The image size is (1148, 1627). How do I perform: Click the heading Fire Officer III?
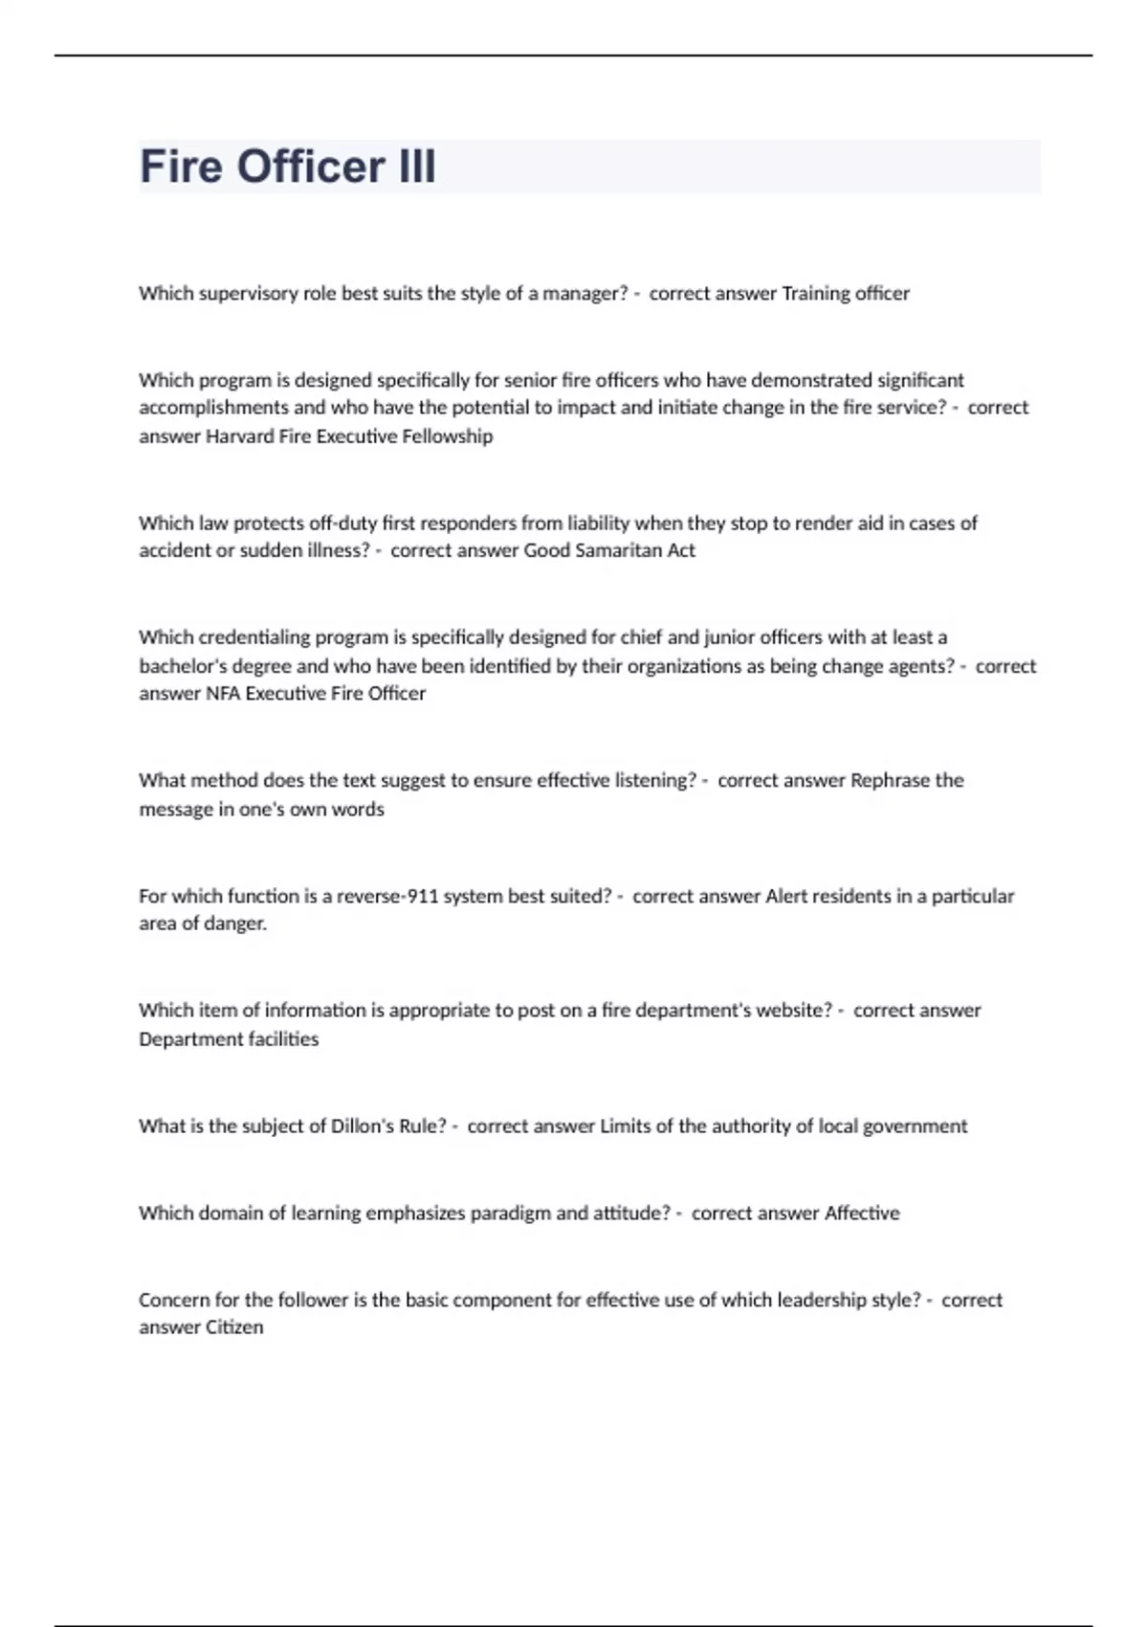[x=288, y=167]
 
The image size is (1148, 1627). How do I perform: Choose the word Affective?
[x=862, y=1213]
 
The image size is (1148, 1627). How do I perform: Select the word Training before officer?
[x=816, y=293]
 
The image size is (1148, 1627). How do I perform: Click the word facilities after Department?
[x=276, y=1039]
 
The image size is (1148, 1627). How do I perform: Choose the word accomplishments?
[x=213, y=408]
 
